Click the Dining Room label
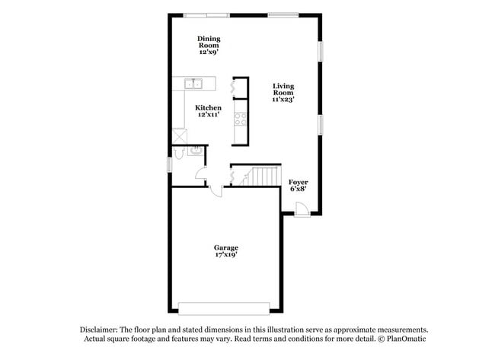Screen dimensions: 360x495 point(208,45)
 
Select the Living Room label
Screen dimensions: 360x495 point(283,92)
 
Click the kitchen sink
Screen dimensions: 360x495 point(194,84)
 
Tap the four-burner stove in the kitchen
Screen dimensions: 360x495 point(240,119)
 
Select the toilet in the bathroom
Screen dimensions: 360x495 point(178,153)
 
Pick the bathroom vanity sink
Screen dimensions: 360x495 point(195,151)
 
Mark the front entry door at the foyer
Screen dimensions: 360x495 point(301,210)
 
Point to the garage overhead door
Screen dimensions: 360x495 point(223,308)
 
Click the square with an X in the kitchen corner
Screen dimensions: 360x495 point(179,134)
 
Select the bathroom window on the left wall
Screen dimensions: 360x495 point(170,164)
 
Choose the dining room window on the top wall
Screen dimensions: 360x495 point(206,14)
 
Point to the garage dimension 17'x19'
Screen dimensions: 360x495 point(225,256)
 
